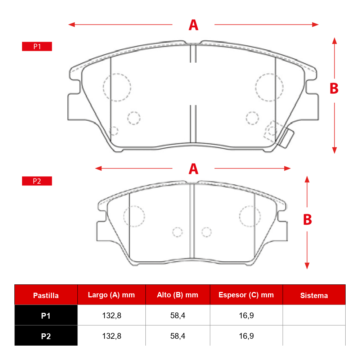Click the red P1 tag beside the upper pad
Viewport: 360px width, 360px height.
(37, 46)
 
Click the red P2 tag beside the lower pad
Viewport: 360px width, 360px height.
(37, 181)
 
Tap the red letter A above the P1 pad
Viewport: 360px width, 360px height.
(193, 25)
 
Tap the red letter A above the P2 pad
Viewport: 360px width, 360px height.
(193, 169)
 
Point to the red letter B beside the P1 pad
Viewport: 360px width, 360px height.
(334, 89)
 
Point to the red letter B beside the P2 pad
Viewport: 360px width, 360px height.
(307, 220)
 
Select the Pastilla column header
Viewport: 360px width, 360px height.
(46, 295)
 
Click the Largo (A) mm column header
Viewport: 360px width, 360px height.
(111, 295)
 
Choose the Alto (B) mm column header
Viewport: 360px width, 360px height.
(177, 295)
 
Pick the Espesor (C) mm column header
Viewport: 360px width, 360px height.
(246, 295)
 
